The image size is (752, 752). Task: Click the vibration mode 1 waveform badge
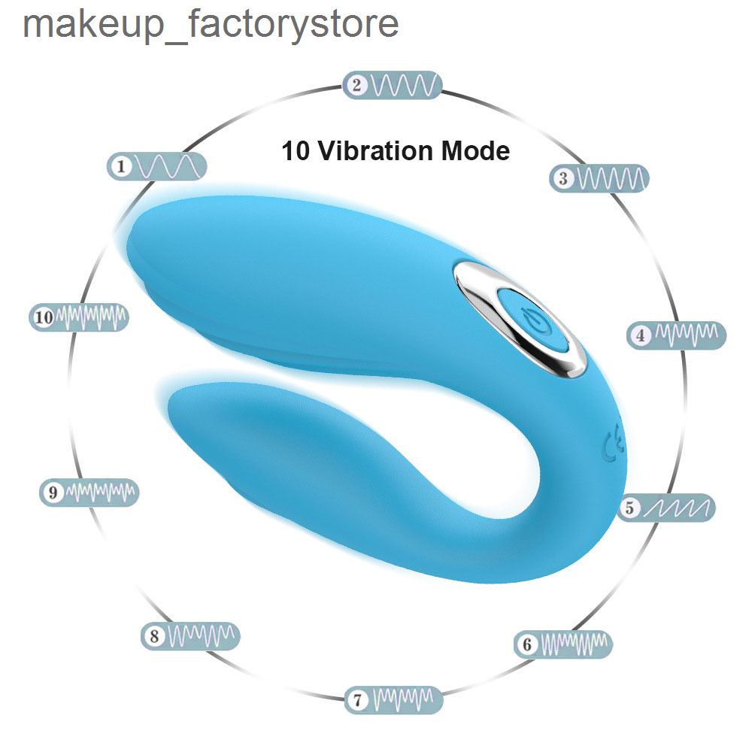click(156, 166)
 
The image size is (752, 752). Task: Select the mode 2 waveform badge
click(392, 86)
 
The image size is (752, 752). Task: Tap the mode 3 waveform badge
click(599, 178)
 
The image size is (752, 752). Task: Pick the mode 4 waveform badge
click(677, 335)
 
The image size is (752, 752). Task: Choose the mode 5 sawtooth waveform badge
click(666, 508)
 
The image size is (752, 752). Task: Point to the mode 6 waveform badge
click(563, 644)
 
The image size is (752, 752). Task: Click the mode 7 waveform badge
click(394, 699)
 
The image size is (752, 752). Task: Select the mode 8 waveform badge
click(190, 636)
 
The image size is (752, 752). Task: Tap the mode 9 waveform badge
click(89, 492)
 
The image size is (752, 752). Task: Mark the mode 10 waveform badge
click(79, 317)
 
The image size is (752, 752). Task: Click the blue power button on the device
click(532, 318)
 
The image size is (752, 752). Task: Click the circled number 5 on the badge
click(629, 508)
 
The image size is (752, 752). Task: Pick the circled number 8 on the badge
click(154, 636)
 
